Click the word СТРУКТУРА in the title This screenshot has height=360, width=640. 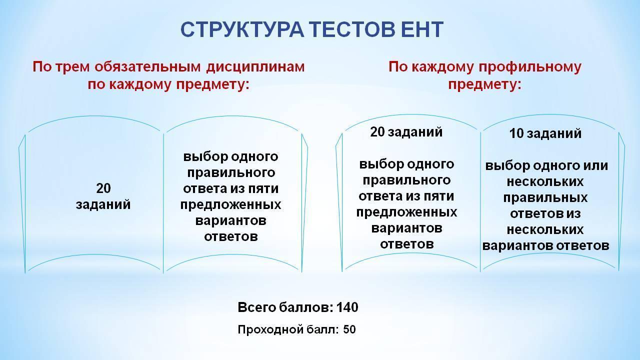242,29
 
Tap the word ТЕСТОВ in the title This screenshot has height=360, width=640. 352,29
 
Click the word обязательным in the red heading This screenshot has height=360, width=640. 147,67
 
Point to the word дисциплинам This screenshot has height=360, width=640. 255,67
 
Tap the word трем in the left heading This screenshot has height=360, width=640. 73,67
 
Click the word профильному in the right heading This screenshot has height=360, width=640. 530,67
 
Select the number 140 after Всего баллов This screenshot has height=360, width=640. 347,307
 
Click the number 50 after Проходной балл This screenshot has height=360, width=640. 349,329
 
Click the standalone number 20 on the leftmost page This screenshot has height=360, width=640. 103,188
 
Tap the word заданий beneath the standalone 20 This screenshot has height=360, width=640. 103,205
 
